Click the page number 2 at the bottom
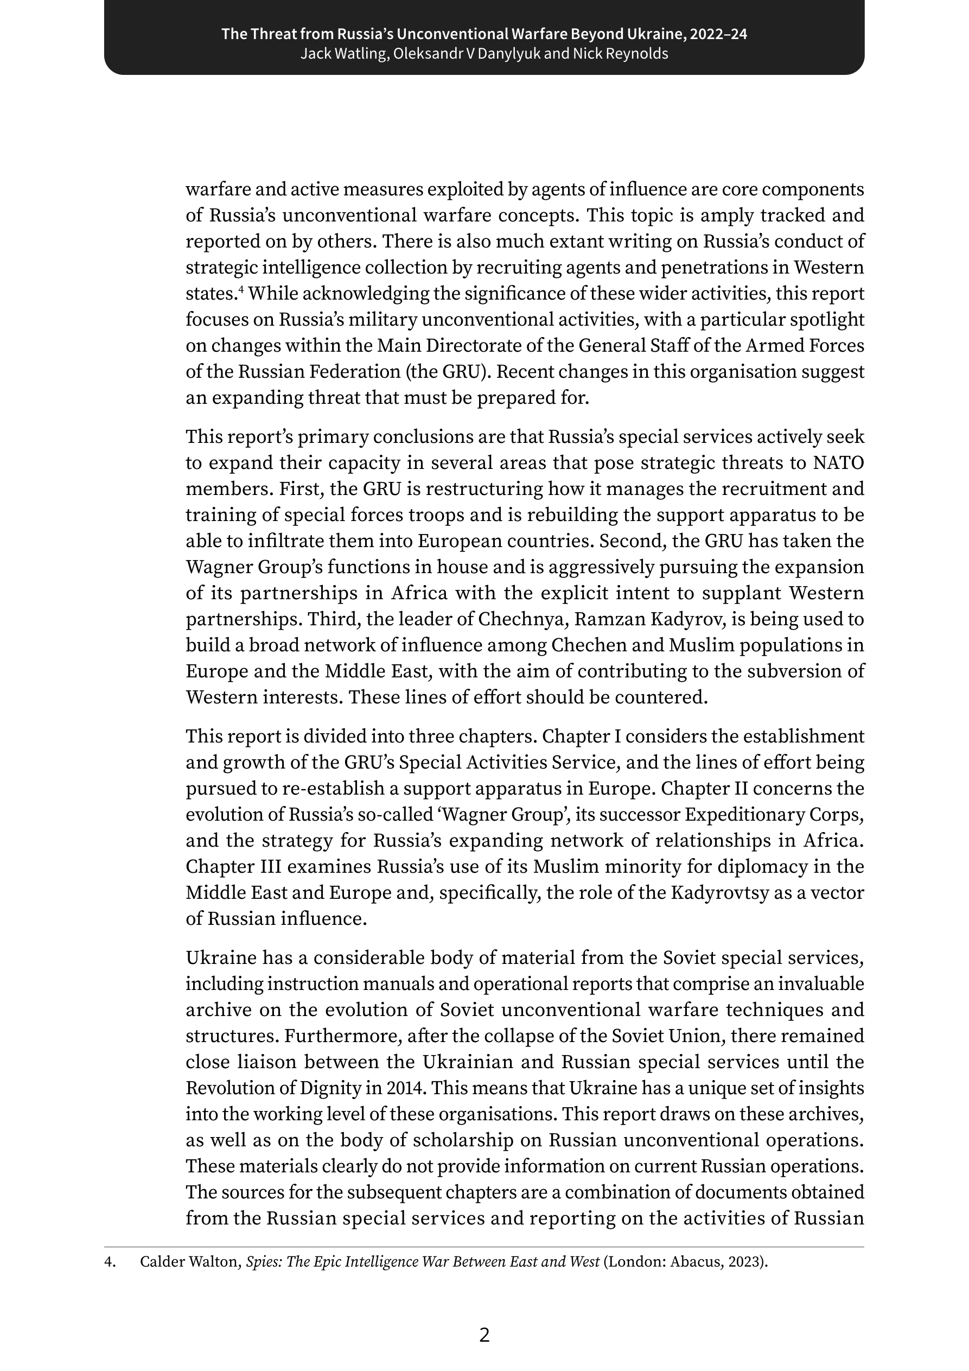tap(484, 1335)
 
